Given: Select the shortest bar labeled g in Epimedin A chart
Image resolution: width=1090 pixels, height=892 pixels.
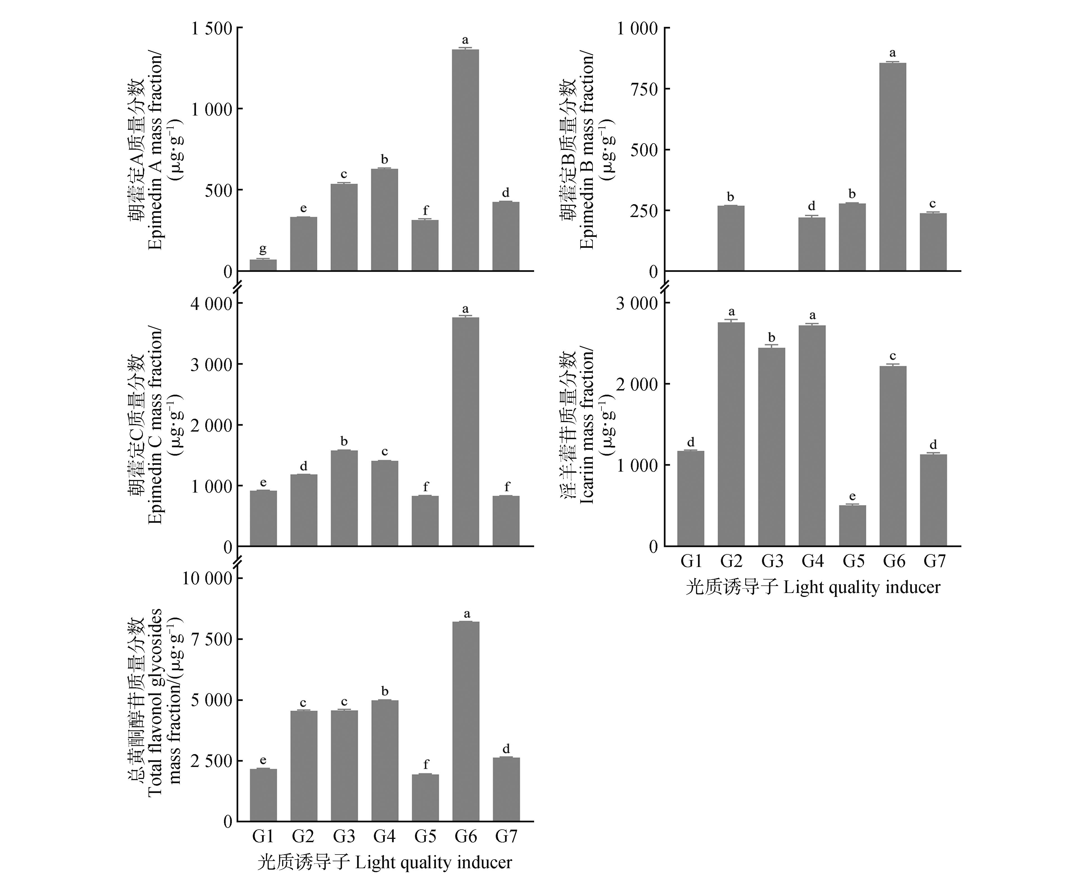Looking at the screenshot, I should (x=263, y=265).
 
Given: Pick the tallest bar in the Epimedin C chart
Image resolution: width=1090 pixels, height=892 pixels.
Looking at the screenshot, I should (x=465, y=432).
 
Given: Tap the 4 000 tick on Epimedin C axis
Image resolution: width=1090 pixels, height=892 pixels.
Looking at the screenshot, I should (x=212, y=303).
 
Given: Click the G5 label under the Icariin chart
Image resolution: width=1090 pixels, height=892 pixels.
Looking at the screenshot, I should (x=853, y=561).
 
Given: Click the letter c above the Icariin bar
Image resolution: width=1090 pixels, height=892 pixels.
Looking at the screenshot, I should (x=893, y=356).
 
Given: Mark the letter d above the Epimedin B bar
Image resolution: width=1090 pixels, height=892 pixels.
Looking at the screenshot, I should (x=811, y=206).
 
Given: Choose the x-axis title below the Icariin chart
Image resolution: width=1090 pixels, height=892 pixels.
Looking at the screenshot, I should (x=813, y=587).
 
